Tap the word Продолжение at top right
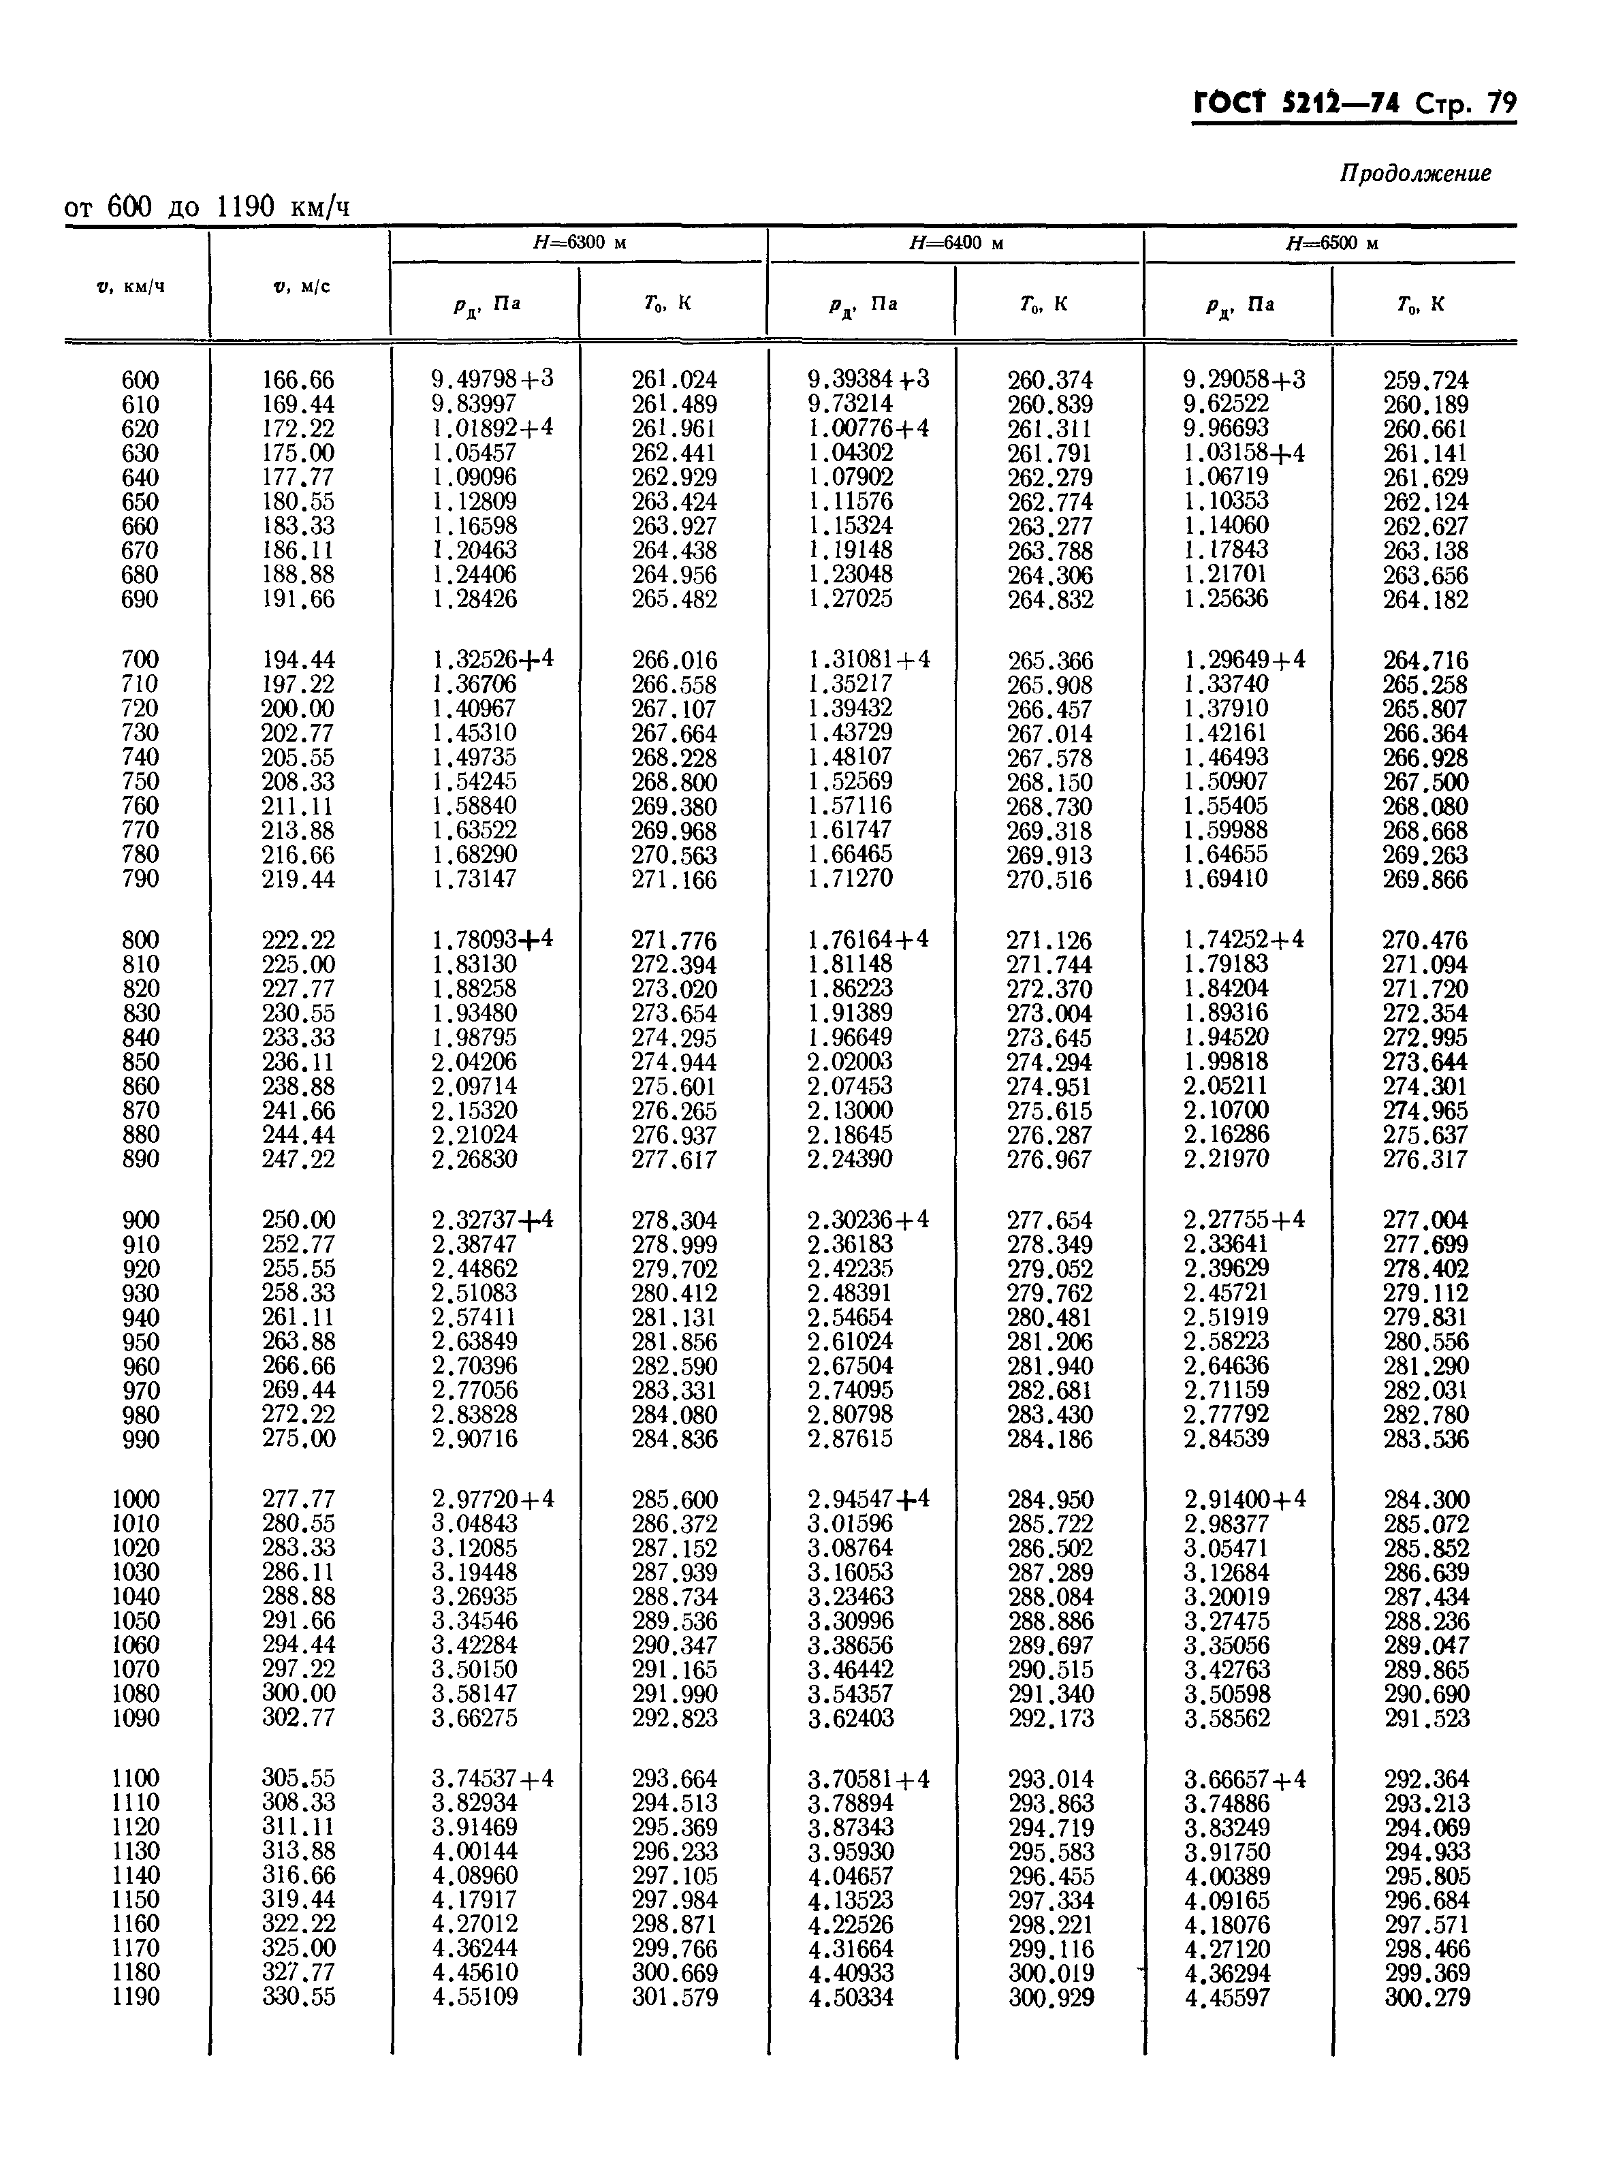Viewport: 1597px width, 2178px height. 1414,174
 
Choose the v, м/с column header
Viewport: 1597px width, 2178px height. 300,286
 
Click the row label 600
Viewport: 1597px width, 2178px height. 140,380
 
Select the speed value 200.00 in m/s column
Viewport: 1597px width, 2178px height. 298,708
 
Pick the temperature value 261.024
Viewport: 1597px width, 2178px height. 674,380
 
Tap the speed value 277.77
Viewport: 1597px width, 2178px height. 298,1500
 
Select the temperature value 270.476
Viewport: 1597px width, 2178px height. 1425,941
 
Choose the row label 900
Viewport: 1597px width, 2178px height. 140,1220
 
